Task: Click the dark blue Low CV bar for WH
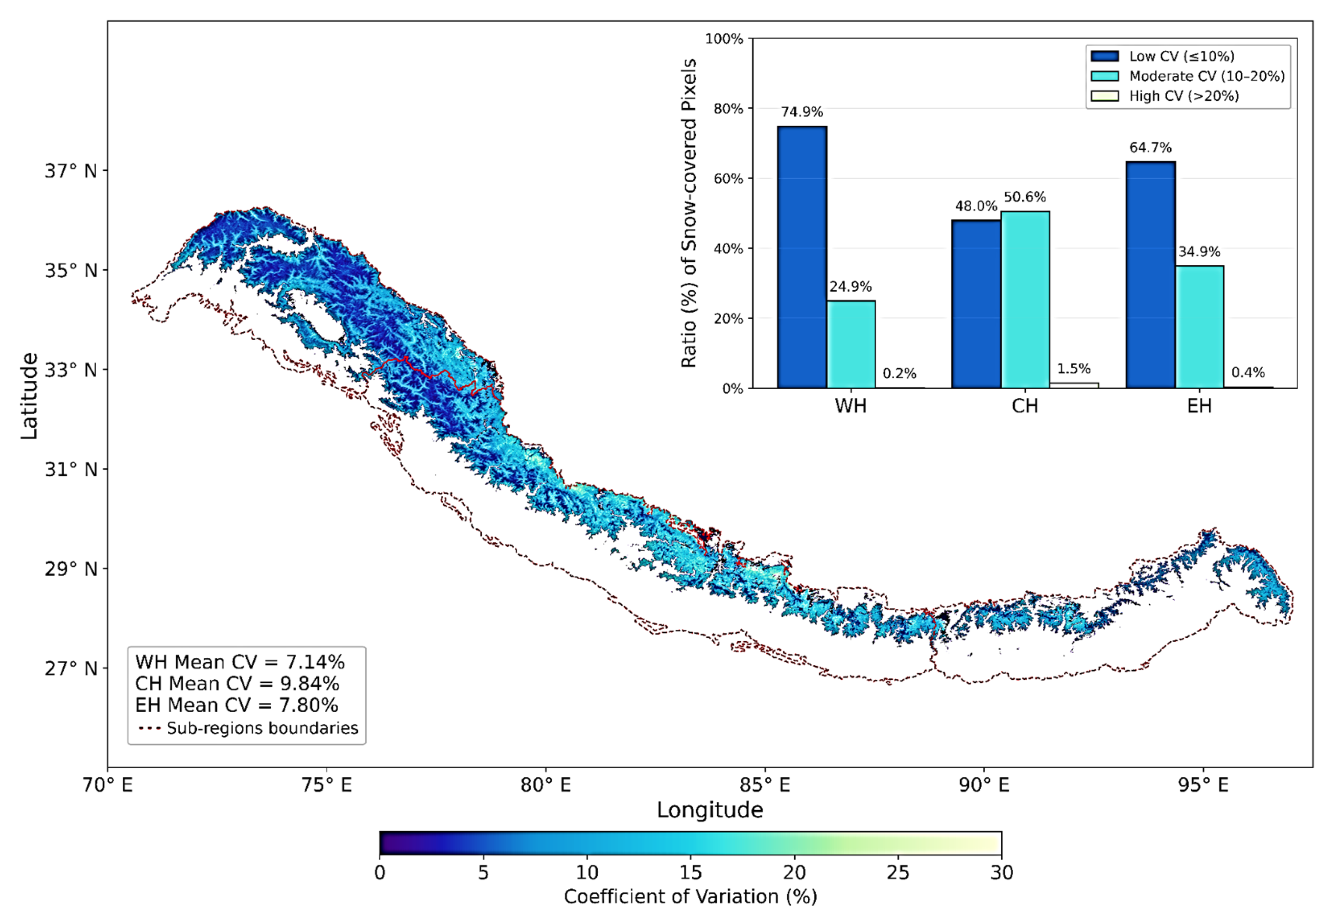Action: click(x=802, y=257)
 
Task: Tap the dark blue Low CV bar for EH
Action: click(x=1150, y=275)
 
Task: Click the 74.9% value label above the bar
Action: click(x=802, y=112)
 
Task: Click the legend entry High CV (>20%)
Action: click(x=1184, y=96)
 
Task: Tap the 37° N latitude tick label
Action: click(x=71, y=172)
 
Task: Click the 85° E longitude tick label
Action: click(x=764, y=785)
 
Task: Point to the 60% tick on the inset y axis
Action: click(x=728, y=179)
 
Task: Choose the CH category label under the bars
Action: click(x=1025, y=406)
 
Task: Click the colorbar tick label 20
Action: click(x=794, y=873)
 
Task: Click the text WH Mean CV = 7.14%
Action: click(x=240, y=662)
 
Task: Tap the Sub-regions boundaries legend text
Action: click(x=262, y=728)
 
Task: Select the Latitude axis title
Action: click(x=29, y=396)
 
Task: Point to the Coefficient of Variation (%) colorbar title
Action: click(x=690, y=897)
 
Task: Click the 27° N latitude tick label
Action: click(x=71, y=669)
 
